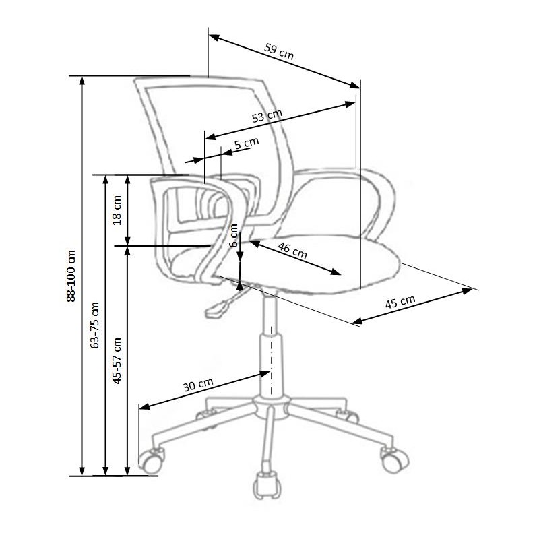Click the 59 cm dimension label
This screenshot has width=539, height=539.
tap(279, 52)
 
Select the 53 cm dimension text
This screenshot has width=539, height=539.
tap(267, 116)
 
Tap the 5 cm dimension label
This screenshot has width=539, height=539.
tap(247, 144)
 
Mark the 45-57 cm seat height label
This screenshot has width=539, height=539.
tap(117, 360)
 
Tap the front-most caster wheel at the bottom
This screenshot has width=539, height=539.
tap(265, 486)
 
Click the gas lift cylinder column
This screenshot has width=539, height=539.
tap(269, 350)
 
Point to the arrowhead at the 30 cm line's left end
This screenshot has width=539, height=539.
tap(142, 406)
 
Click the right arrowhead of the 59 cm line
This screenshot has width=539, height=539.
tap(356, 85)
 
